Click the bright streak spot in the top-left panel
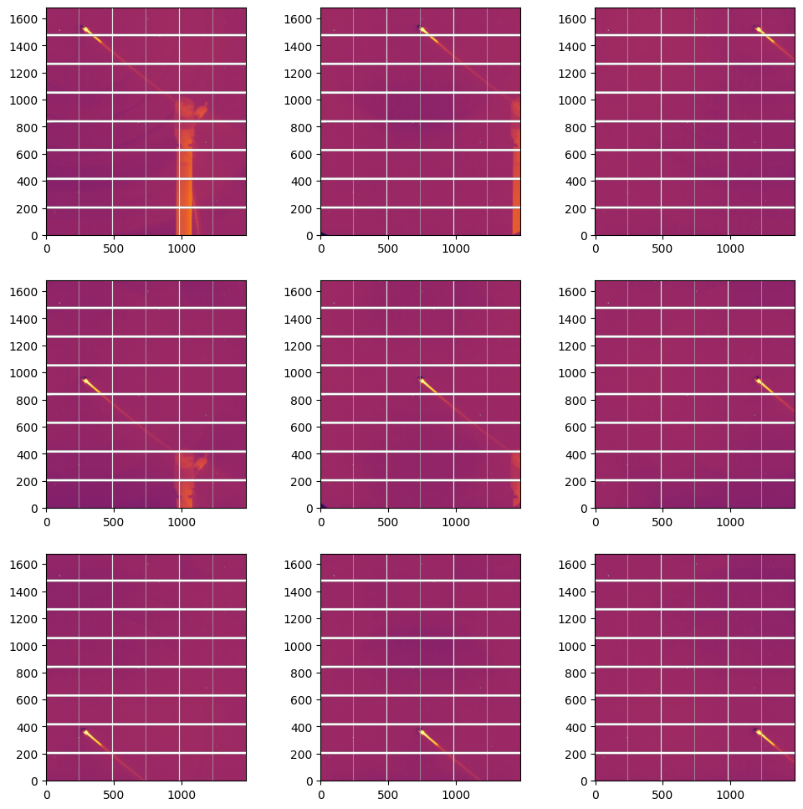tap(87, 33)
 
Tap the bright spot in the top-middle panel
tap(423, 32)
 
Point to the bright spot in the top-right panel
tap(760, 31)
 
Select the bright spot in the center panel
tap(423, 382)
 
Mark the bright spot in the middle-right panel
tap(760, 381)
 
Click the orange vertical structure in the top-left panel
tap(184, 184)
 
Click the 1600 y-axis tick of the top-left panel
tap(46, 18)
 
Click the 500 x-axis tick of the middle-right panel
tap(662, 509)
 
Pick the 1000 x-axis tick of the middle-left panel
tap(181, 509)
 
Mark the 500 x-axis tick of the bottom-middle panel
tap(388, 781)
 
